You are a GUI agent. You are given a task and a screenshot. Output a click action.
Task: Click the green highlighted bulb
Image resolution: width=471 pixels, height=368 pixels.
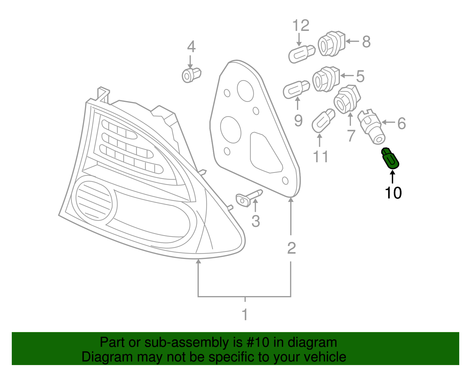click(390, 159)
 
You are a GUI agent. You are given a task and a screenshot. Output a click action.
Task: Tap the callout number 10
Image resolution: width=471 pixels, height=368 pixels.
click(393, 193)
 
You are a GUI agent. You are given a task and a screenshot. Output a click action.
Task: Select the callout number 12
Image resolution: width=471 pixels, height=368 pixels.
click(301, 26)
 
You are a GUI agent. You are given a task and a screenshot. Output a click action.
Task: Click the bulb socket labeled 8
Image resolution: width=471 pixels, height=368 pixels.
click(331, 44)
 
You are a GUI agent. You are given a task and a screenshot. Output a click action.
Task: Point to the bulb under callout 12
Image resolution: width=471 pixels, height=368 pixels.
click(301, 54)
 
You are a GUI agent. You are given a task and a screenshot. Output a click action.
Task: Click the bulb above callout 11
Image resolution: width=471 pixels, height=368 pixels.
click(323, 121)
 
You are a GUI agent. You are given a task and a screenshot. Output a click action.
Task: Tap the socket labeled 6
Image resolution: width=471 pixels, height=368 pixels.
click(371, 127)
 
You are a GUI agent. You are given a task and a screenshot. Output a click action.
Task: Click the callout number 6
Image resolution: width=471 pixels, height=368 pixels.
click(402, 123)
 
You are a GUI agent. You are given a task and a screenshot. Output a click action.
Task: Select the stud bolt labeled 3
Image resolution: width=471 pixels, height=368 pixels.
click(249, 198)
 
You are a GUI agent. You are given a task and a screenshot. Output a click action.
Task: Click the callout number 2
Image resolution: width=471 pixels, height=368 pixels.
click(291, 248)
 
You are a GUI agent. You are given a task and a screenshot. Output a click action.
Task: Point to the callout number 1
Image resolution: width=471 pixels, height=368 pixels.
click(245, 315)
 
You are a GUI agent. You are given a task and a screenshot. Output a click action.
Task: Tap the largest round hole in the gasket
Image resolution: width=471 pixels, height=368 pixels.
click(230, 130)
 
